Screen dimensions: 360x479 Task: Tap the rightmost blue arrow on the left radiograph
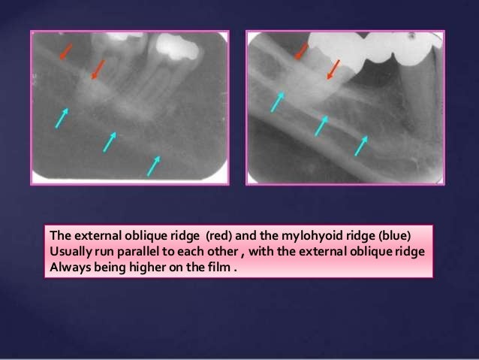(x=154, y=165)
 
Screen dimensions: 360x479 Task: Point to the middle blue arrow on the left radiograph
(x=110, y=141)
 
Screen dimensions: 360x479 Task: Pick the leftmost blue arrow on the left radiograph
(x=62, y=117)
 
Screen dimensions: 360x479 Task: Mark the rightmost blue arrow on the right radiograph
(x=361, y=145)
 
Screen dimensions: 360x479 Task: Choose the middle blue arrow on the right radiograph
(x=321, y=125)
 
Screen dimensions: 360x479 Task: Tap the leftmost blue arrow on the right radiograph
(x=278, y=101)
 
